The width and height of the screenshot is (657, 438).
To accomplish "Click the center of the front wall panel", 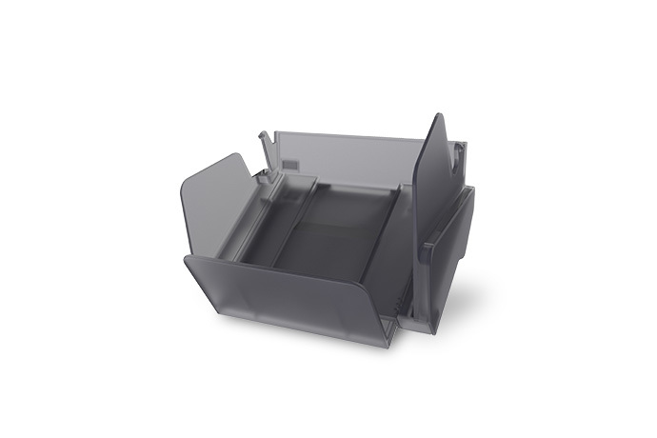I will point(286,295).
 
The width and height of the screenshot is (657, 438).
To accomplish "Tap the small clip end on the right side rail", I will point(429,249).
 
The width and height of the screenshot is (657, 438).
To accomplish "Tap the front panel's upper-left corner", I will point(188,258).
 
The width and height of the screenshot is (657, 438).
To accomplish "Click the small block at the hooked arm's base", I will point(268,173).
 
